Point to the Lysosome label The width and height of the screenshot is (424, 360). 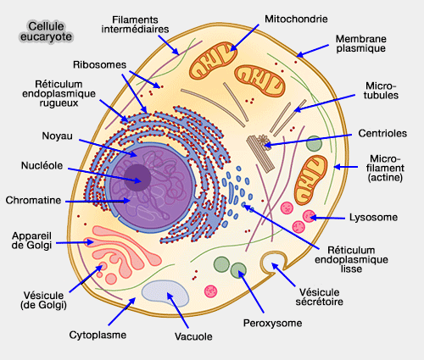coord(374,218)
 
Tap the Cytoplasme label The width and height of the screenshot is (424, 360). coord(98,335)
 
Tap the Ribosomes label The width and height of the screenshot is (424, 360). coord(100,64)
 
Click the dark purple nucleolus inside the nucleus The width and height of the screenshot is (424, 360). coord(138,177)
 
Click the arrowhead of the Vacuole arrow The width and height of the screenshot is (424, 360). coord(170,295)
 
